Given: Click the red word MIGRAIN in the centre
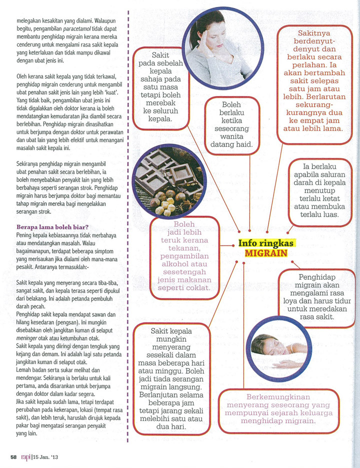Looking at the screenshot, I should point(266,253).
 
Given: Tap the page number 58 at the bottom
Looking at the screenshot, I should point(14,456).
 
